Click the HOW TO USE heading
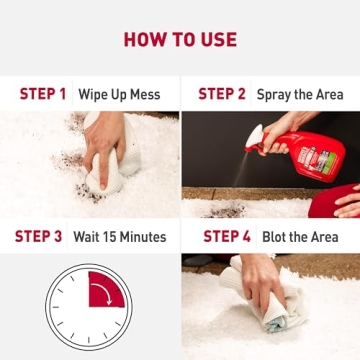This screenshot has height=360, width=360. pos(180,40)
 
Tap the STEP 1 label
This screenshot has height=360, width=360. pos(43,95)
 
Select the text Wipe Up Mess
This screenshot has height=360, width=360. pos(122,95)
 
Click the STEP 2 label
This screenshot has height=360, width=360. pos(222,95)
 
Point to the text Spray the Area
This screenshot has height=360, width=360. pos(300,95)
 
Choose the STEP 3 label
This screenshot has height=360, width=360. pos(38,237)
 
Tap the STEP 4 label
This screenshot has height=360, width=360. pos(227,237)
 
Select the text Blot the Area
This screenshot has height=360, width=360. pos(300,237)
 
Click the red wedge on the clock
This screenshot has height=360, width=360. pos(104,290)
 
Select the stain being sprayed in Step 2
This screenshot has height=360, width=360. pos(226,211)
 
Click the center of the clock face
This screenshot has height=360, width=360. pos(88,303)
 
